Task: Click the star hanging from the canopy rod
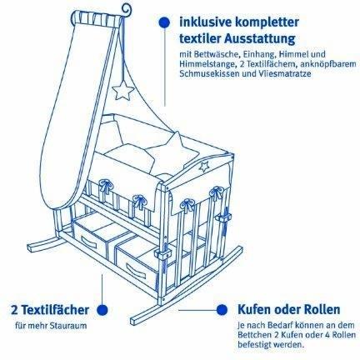pos(123,90)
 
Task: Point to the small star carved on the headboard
pos(204,167)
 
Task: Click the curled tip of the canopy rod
pos(127,10)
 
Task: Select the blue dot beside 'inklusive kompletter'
pos(165,22)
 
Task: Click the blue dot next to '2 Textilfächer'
pos(102,309)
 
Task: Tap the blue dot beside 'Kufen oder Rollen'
pos(222,309)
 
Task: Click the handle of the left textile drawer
pos(89,242)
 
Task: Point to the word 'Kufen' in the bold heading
pos(254,309)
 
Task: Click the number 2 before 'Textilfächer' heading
pos(14,309)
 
